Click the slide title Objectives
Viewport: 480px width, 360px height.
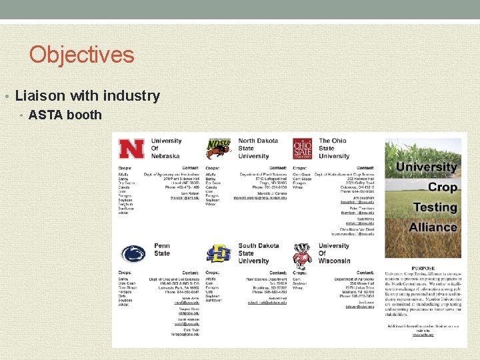click(81, 54)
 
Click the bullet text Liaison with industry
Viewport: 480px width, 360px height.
click(87, 96)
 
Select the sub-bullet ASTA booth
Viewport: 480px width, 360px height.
click(65, 115)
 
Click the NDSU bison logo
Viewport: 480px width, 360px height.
click(218, 149)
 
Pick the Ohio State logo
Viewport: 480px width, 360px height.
click(302, 149)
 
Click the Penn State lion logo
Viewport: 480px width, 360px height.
click(133, 254)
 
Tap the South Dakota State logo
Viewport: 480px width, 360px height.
click(218, 254)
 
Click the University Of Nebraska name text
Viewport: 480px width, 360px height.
click(166, 148)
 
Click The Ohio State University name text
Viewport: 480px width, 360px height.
click(333, 148)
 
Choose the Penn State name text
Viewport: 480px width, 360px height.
click(162, 250)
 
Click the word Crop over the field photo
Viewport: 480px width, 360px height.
click(442, 187)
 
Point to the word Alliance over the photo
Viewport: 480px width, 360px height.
click(433, 227)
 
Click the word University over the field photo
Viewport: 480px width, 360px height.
click(427, 167)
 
